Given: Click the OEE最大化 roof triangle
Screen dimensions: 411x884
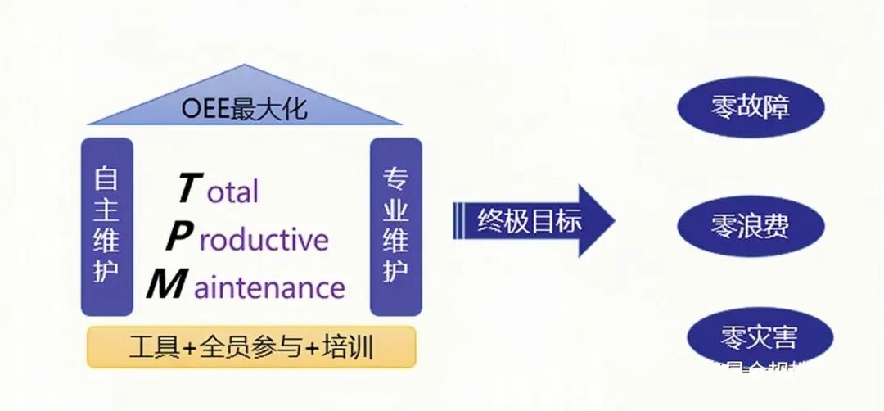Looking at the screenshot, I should tap(246, 102).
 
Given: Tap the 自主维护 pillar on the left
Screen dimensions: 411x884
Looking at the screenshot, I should tap(106, 226).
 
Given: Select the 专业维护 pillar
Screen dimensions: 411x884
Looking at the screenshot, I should tap(396, 226).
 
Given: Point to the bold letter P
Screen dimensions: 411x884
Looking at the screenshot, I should tap(179, 237).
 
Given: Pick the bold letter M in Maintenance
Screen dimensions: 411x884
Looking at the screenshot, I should tap(166, 286).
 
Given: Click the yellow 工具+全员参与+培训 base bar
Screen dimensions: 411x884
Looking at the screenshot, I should tap(251, 348).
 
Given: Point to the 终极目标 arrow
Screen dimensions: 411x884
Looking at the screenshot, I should tap(532, 221).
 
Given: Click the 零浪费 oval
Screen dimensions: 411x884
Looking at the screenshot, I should tap(750, 226).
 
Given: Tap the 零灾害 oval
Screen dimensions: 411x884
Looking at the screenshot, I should tap(758, 336).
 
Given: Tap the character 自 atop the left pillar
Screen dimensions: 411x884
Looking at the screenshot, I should tap(106, 178).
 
